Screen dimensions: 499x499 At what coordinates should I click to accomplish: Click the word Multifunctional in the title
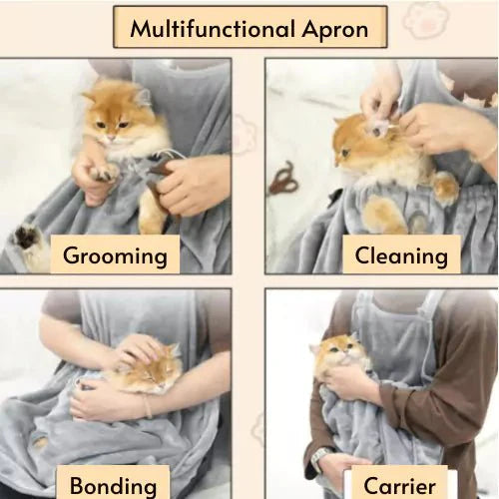click(211, 29)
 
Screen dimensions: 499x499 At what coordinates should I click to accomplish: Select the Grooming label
click(115, 255)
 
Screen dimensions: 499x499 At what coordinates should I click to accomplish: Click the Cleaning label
click(401, 255)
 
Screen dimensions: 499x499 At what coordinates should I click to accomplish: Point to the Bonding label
click(113, 486)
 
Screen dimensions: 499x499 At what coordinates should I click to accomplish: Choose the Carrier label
click(400, 486)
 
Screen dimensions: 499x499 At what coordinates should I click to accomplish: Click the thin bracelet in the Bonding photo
click(147, 406)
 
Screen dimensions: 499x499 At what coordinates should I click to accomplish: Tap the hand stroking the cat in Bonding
click(130, 349)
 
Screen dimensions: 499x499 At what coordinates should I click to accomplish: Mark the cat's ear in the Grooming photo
click(139, 96)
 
